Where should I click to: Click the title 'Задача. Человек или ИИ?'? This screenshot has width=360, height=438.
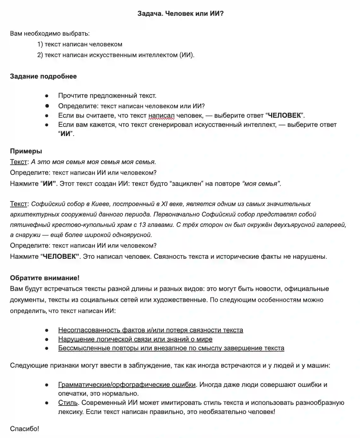(x=180, y=14)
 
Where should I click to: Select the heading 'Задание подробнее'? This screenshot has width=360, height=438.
(x=43, y=76)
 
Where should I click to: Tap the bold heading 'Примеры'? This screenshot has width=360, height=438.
(x=26, y=151)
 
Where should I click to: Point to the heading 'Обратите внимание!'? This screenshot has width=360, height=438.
(x=45, y=278)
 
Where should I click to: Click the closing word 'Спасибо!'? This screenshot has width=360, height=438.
(x=25, y=429)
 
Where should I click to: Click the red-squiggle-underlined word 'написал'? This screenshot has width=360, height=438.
(x=161, y=115)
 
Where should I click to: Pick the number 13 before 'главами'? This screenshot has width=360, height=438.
(x=142, y=225)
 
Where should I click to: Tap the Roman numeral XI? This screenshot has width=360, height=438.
(x=165, y=204)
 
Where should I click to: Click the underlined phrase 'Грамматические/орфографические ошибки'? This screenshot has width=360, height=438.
(x=127, y=385)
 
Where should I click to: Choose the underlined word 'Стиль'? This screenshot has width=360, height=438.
(x=68, y=403)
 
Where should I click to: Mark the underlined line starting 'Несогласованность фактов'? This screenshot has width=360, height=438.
(x=150, y=330)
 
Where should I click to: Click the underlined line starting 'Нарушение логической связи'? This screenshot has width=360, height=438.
(x=135, y=339)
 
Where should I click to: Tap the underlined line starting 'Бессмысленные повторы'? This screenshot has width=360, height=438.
(x=171, y=348)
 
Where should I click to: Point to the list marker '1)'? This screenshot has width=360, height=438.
(x=40, y=44)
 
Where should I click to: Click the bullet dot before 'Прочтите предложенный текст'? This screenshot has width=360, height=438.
(x=47, y=96)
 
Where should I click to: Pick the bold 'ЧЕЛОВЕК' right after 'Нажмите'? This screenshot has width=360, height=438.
(x=60, y=256)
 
